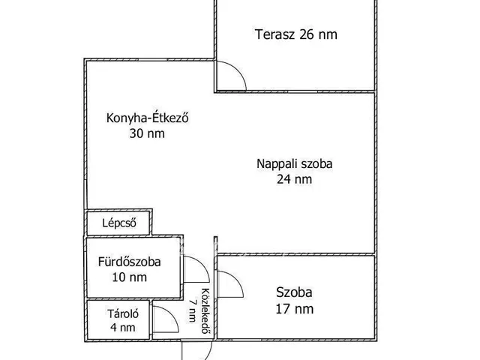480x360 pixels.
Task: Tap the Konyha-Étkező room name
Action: click(x=136, y=118)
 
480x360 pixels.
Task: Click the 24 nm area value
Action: click(x=294, y=178)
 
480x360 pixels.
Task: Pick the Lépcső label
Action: click(x=118, y=223)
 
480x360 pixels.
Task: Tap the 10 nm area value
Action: click(x=128, y=277)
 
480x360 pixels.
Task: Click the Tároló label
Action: click(x=118, y=313)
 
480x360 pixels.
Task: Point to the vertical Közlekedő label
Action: click(x=204, y=311)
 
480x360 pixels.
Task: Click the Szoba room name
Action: click(x=294, y=292)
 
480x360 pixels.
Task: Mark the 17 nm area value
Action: click(x=294, y=308)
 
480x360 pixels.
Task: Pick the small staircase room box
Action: click(x=118, y=223)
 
